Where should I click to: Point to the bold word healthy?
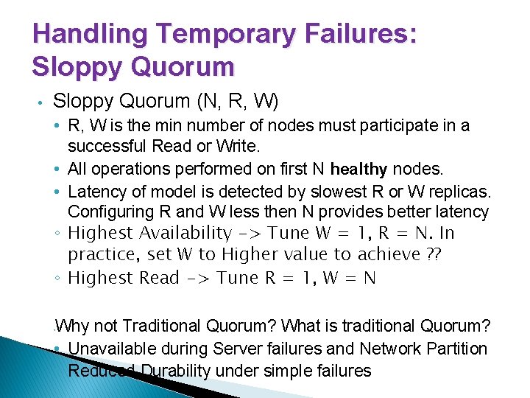(x=358, y=169)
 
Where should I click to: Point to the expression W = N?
(x=350, y=278)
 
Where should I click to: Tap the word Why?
(x=73, y=325)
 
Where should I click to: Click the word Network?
(x=384, y=348)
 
